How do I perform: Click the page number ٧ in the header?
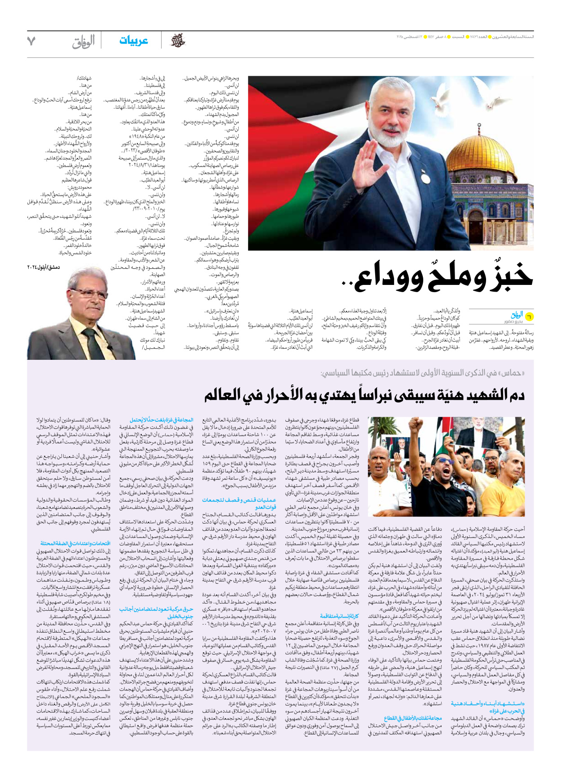31,41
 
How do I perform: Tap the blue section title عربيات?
133,41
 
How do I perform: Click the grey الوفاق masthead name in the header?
83,42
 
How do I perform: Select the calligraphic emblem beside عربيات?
178,41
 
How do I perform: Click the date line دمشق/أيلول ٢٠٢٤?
44,267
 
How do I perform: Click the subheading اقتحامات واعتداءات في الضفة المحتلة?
75,543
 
